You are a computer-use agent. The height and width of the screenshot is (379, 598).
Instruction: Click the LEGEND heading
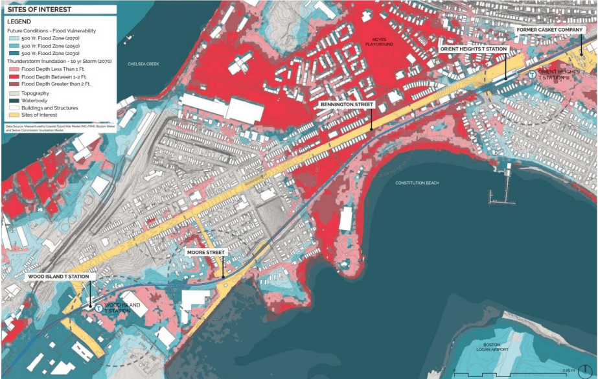tap(19, 21)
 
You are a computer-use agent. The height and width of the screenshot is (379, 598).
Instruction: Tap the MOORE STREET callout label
tap(206, 251)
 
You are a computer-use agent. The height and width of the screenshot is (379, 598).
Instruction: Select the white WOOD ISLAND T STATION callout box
tap(62, 276)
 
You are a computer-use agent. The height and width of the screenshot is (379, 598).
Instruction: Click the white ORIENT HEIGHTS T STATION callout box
tap(474, 49)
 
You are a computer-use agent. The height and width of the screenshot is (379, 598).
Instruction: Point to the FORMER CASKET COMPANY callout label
tap(553, 30)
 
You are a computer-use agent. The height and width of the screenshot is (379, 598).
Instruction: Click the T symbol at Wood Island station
tap(98, 308)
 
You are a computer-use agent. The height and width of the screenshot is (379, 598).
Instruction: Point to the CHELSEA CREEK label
tap(143, 64)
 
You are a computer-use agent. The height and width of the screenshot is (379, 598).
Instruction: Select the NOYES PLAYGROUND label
tap(374, 43)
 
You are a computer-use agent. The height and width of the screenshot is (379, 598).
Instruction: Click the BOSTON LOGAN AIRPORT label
tap(491, 347)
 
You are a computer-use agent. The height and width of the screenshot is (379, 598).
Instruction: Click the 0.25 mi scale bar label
tap(568, 370)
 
